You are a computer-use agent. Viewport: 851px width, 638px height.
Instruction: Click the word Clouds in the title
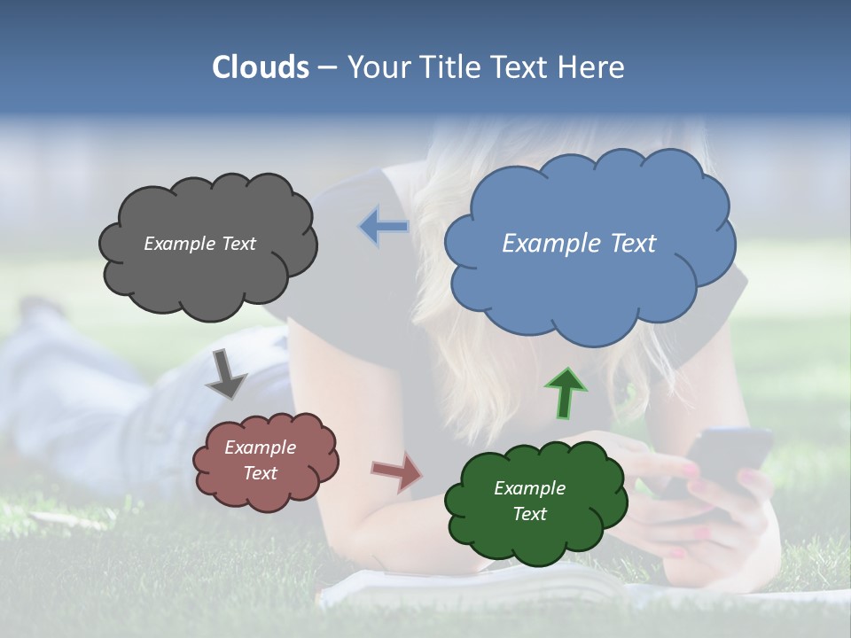coord(261,67)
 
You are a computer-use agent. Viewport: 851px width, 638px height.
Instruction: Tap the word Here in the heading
coord(592,67)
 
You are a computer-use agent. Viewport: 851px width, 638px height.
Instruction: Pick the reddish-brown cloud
coord(266,492)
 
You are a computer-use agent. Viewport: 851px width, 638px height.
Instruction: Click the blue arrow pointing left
coord(384,227)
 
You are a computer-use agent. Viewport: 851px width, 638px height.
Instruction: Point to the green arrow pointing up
coord(566,393)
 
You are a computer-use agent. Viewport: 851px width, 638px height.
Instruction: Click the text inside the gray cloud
coord(199,244)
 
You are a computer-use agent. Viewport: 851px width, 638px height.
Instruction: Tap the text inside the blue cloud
coord(579,244)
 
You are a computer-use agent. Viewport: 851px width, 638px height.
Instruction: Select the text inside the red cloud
coord(261,461)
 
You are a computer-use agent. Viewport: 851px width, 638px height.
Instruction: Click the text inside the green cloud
coord(530,501)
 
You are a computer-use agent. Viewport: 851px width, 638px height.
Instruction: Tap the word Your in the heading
coord(379,67)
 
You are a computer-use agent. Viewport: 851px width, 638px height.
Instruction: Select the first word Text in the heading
coord(523,67)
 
